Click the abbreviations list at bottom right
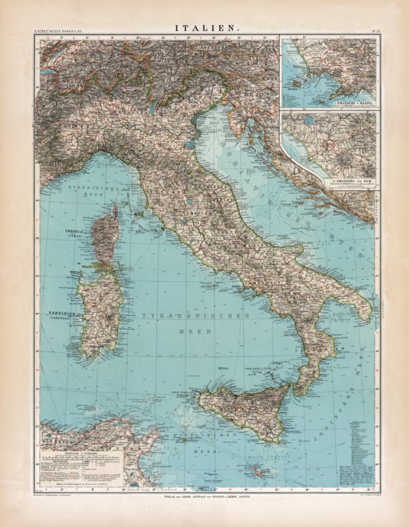point(361,451)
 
